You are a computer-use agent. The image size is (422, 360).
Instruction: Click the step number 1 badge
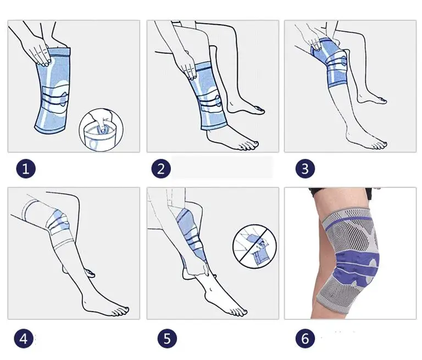click(x=26, y=169)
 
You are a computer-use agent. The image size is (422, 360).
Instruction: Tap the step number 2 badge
click(x=161, y=169)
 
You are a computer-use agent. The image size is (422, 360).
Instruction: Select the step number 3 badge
click(x=305, y=169)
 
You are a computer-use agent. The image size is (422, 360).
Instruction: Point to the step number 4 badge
click(x=24, y=338)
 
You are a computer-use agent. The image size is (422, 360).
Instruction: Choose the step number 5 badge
click(x=167, y=338)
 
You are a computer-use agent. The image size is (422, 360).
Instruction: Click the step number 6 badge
click(x=305, y=338)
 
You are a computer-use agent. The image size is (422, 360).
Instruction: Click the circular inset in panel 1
click(x=101, y=130)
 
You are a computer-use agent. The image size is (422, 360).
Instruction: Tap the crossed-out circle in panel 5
click(x=254, y=246)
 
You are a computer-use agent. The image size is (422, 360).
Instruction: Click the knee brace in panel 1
click(x=53, y=91)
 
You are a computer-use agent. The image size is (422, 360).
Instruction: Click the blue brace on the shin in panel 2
click(x=207, y=96)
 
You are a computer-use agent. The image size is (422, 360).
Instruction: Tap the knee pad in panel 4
click(x=58, y=221)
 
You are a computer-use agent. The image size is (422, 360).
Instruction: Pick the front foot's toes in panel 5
click(x=238, y=312)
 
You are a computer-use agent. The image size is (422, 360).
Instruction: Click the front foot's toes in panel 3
click(x=378, y=146)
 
